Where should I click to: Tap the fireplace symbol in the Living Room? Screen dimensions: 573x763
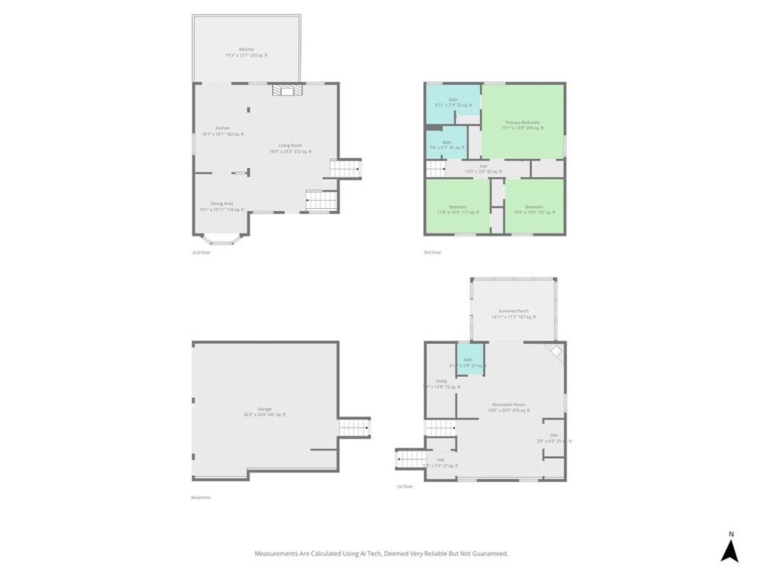click(287, 91)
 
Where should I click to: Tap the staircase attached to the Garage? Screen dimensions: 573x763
click(354, 428)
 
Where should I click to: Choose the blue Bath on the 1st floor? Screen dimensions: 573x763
click(469, 359)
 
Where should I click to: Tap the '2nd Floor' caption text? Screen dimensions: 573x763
click(201, 253)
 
